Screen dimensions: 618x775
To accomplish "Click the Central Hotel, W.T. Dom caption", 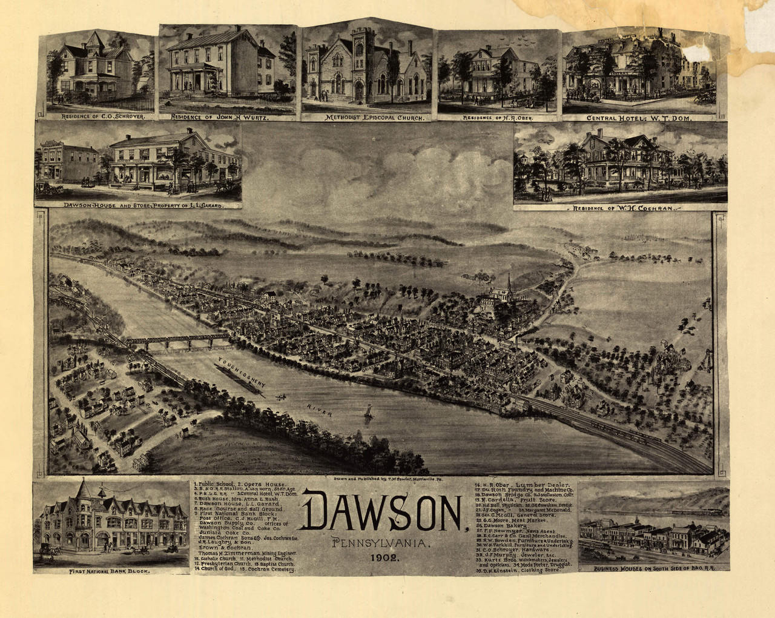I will point(638,118).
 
